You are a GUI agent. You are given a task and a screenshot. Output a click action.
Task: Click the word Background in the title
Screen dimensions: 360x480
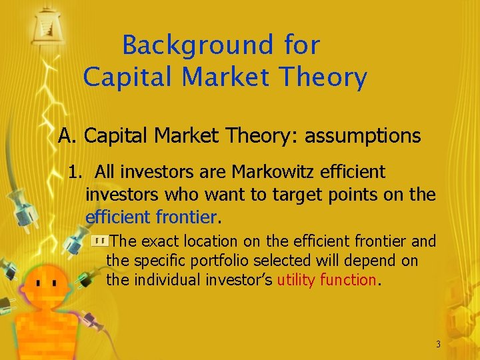coord(197,45)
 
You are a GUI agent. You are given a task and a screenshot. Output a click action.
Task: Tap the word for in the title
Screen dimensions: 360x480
coord(302,45)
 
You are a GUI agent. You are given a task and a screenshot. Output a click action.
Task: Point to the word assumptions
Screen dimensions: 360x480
coord(363,136)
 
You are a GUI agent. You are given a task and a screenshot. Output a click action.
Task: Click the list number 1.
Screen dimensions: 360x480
coord(75,172)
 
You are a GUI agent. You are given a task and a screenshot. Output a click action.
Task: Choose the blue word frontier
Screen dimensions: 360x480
coord(186,217)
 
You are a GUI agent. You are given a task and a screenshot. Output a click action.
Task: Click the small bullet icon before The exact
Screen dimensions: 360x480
coord(99,241)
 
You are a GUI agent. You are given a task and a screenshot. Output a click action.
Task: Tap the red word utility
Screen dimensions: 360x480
coord(297,280)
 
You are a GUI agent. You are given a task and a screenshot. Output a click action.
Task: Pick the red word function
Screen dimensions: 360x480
coord(348,280)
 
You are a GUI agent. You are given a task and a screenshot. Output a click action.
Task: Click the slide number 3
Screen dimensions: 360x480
coord(438,344)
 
